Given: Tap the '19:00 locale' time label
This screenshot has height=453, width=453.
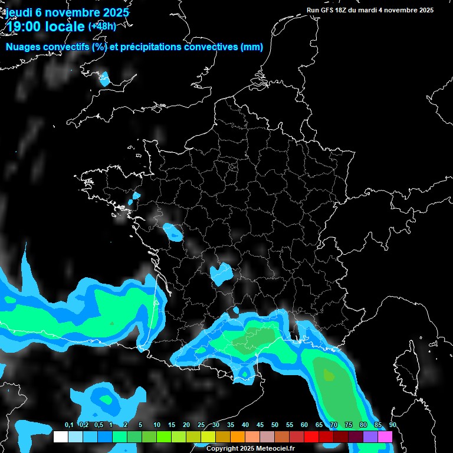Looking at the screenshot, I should tap(45, 27).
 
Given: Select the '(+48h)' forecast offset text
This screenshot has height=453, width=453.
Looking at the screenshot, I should tap(102, 26).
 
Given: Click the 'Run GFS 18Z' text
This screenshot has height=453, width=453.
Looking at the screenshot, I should tap(331, 10).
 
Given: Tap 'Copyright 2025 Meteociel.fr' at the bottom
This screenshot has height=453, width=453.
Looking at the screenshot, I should tap(250, 448).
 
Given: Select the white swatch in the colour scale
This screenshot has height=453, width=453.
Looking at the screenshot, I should tap(60, 436).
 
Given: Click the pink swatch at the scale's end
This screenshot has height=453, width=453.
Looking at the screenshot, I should tap(385, 436).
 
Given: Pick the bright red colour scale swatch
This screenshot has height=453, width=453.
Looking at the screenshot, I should tap(311, 436).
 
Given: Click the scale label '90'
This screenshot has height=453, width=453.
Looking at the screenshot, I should tap(393, 425).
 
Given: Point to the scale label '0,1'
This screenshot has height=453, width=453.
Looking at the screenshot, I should tap(68, 425).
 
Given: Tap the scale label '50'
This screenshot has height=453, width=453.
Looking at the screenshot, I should tap(275, 425).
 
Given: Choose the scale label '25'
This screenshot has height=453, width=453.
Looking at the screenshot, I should tap(201, 425).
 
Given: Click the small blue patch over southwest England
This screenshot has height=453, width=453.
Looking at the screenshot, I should tap(104, 78).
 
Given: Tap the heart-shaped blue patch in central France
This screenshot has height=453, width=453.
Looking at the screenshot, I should tap(221, 273).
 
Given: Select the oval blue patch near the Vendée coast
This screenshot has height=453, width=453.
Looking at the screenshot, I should tap(173, 232).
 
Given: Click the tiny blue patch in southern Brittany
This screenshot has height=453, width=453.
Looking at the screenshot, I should tap(136, 196).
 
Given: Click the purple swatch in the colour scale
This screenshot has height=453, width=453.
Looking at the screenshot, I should tap(370, 436).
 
